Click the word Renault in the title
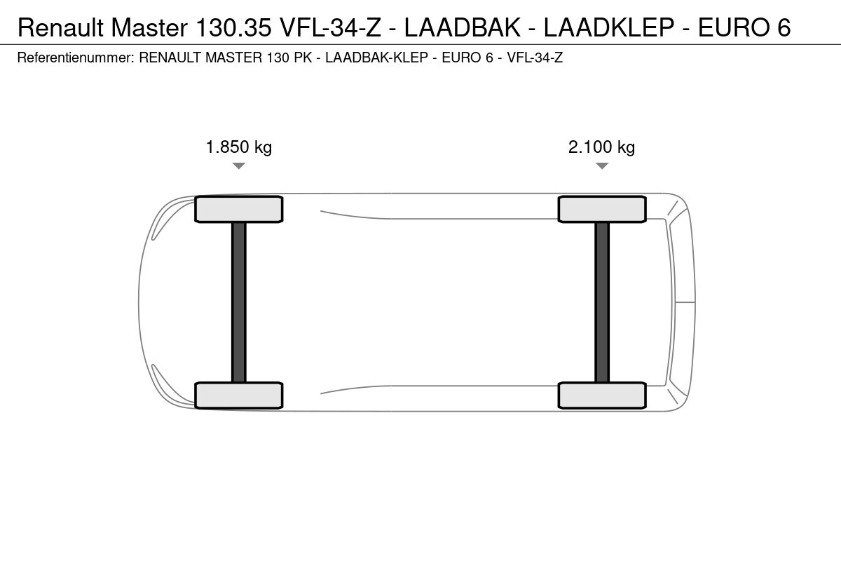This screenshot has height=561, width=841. (60, 27)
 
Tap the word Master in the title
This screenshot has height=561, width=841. (149, 27)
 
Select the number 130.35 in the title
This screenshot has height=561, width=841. (233, 27)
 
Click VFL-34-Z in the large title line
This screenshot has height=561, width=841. (331, 27)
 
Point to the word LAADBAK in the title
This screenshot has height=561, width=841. (463, 27)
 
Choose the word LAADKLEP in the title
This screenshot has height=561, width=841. (608, 27)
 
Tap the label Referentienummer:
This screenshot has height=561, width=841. (76, 58)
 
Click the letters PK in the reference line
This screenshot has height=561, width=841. (303, 58)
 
